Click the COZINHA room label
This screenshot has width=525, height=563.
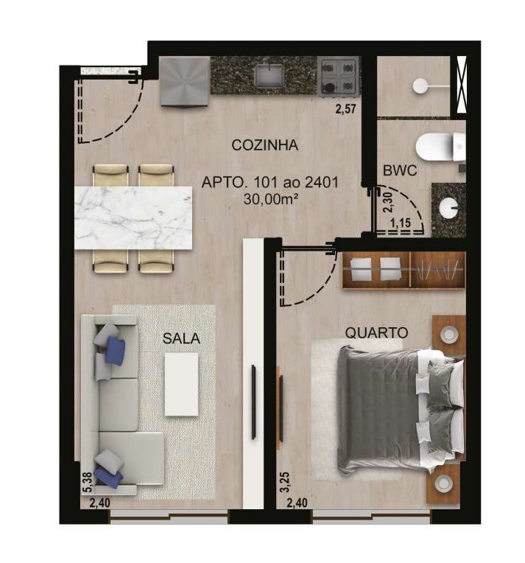pyautogui.click(x=265, y=145)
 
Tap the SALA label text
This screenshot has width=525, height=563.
pyautogui.click(x=181, y=338)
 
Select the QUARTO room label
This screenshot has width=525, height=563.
pyautogui.click(x=376, y=333)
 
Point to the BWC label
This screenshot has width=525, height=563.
pyautogui.click(x=400, y=170)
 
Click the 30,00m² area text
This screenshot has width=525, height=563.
pyautogui.click(x=271, y=198)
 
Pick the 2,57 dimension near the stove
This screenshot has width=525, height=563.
pyautogui.click(x=346, y=109)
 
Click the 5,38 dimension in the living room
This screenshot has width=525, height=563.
pyautogui.click(x=88, y=482)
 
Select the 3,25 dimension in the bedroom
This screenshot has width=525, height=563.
pyautogui.click(x=284, y=482)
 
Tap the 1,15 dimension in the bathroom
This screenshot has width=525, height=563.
pyautogui.click(x=401, y=223)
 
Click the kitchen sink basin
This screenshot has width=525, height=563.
pyautogui.click(x=267, y=75)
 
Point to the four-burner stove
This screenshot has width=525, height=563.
pyautogui.click(x=339, y=77)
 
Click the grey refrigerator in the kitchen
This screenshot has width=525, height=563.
pyautogui.click(x=185, y=81)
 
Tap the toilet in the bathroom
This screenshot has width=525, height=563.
pyautogui.click(x=440, y=147)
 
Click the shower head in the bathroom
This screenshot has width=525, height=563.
pyautogui.click(x=420, y=86)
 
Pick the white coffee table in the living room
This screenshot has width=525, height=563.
pyautogui.click(x=182, y=384)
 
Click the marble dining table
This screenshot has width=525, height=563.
pyautogui.click(x=133, y=217)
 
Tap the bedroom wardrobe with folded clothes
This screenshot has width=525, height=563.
pyautogui.click(x=404, y=270)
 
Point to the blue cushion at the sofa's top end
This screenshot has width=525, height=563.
pyautogui.click(x=116, y=350)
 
